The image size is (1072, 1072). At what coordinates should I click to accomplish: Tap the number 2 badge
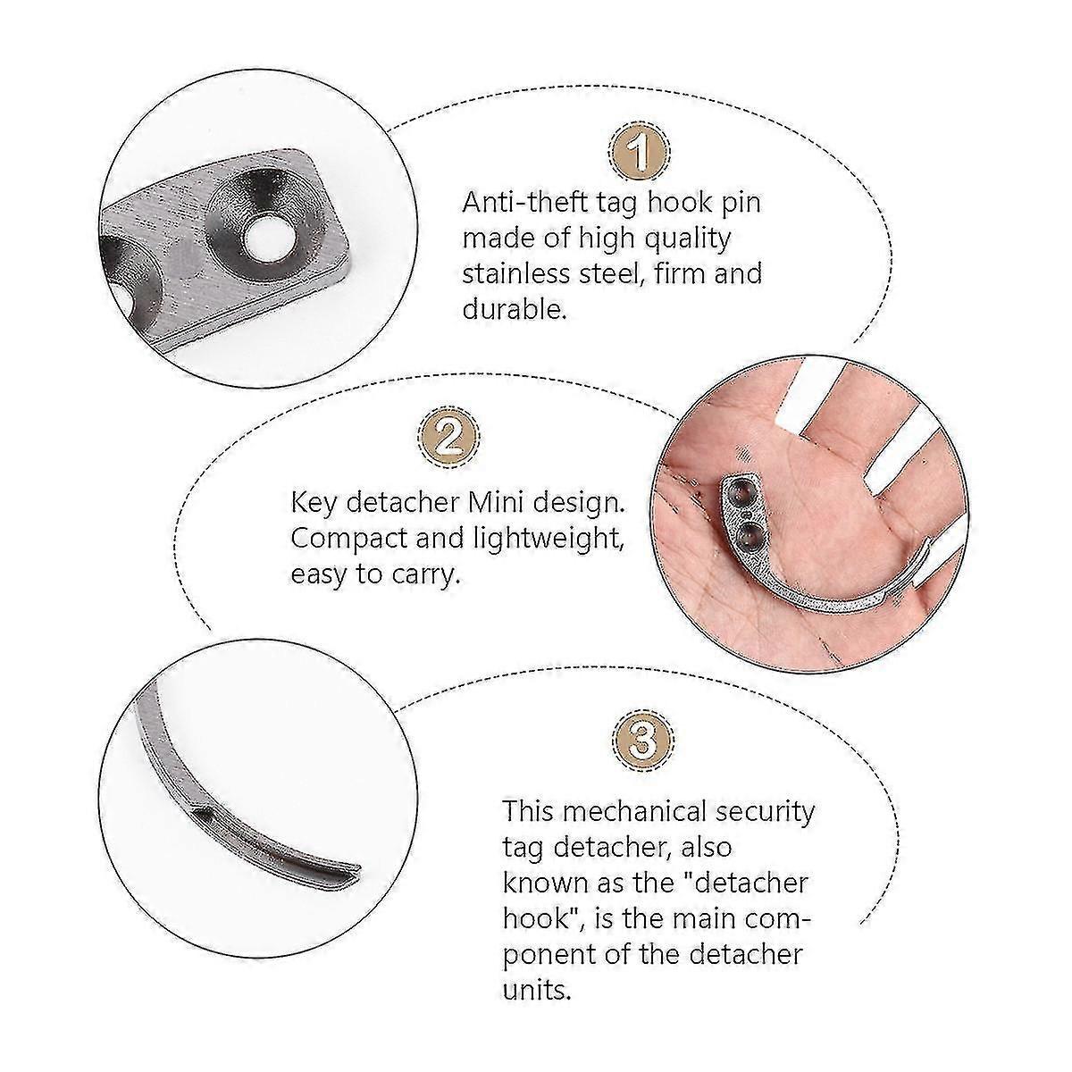[x=446, y=439]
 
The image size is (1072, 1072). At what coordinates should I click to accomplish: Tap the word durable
[x=514, y=309]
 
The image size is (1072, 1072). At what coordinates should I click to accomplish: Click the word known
[x=545, y=883]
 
